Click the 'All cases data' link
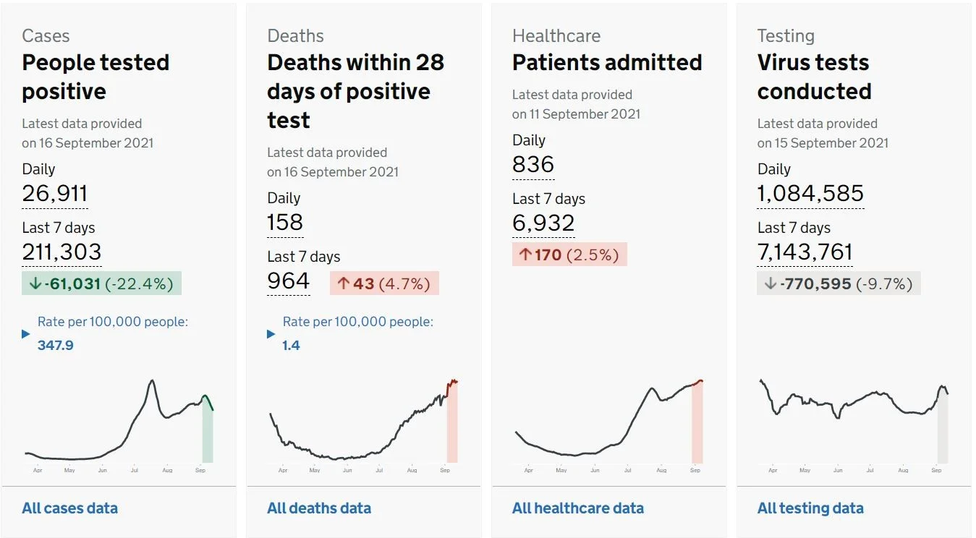(x=69, y=508)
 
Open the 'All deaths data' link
(x=319, y=508)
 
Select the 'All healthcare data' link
(x=578, y=508)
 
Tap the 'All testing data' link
(x=810, y=508)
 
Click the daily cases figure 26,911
(x=55, y=193)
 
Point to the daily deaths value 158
(x=285, y=222)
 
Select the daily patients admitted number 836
(x=533, y=164)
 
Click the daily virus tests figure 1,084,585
(x=810, y=193)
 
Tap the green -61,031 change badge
(x=101, y=283)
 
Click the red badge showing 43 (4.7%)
(x=384, y=283)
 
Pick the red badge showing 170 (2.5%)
(x=569, y=255)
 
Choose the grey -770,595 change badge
(x=839, y=283)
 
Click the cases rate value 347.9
(x=55, y=346)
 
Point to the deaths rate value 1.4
(x=291, y=346)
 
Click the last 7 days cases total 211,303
(x=62, y=252)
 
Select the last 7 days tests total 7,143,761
(x=805, y=252)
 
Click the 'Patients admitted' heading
(x=607, y=62)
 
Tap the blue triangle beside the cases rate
(x=26, y=334)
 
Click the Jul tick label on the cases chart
(x=134, y=470)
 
